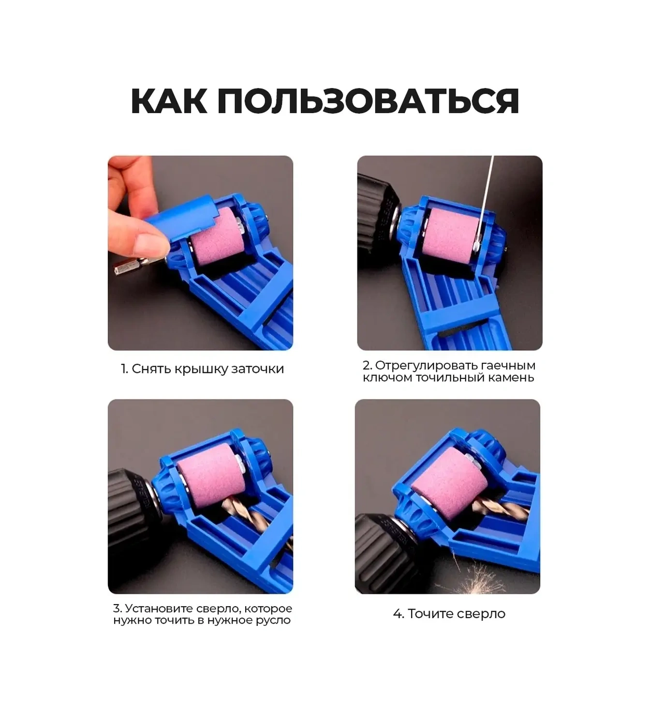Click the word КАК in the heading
point(169,101)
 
